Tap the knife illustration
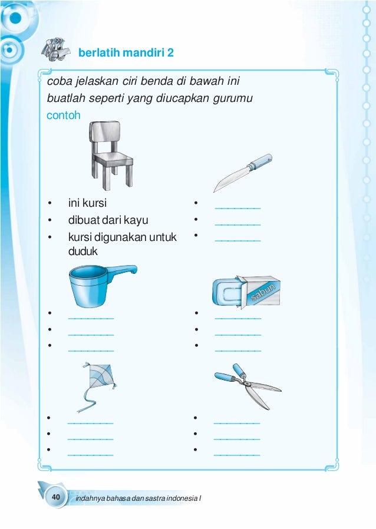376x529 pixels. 241,173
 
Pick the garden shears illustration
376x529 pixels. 247,386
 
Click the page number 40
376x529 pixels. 56,498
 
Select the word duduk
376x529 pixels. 83,252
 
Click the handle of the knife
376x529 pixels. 260,161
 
